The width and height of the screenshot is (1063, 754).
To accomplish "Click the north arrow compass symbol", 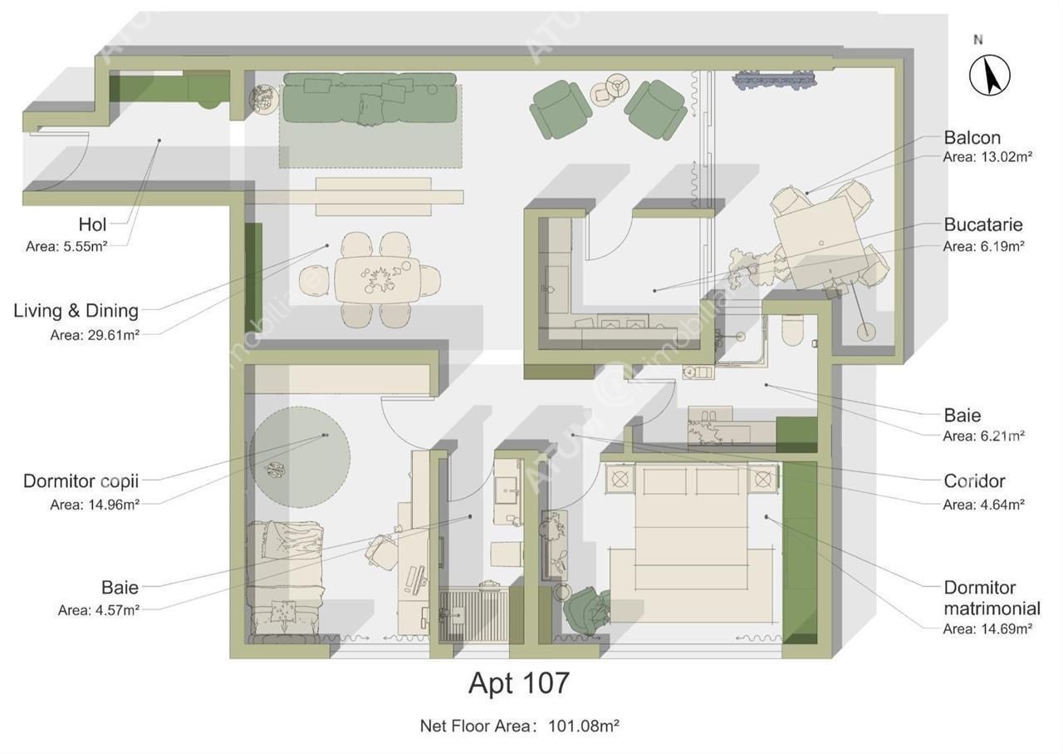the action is pyautogui.click(x=989, y=75).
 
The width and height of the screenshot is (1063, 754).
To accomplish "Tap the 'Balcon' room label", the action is pyautogui.click(x=972, y=138).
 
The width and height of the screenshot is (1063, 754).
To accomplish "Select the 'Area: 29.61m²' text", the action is pyautogui.click(x=95, y=335).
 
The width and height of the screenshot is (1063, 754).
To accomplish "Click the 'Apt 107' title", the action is pyautogui.click(x=519, y=683).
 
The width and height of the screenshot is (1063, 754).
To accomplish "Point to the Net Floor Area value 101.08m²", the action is pyautogui.click(x=583, y=726).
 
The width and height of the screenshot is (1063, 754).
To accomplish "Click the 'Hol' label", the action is pyautogui.click(x=92, y=224).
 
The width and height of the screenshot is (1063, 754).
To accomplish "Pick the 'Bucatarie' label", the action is pyautogui.click(x=982, y=224).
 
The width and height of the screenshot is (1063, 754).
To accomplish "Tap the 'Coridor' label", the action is pyautogui.click(x=974, y=481).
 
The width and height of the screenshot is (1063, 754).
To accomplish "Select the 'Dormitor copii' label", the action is pyautogui.click(x=81, y=481).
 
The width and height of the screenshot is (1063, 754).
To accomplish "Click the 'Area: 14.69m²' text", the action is pyautogui.click(x=987, y=629).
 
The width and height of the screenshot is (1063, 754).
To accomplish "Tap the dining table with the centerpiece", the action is pyautogui.click(x=377, y=281).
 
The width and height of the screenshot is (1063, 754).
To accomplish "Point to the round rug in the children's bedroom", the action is pyautogui.click(x=300, y=457).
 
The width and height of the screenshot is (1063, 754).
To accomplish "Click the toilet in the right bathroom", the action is pyautogui.click(x=792, y=330).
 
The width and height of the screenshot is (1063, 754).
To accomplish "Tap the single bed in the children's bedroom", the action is pyautogui.click(x=285, y=582).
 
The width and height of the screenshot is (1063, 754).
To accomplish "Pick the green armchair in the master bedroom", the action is pyautogui.click(x=587, y=610).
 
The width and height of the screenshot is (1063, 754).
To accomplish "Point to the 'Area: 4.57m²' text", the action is pyautogui.click(x=99, y=610).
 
